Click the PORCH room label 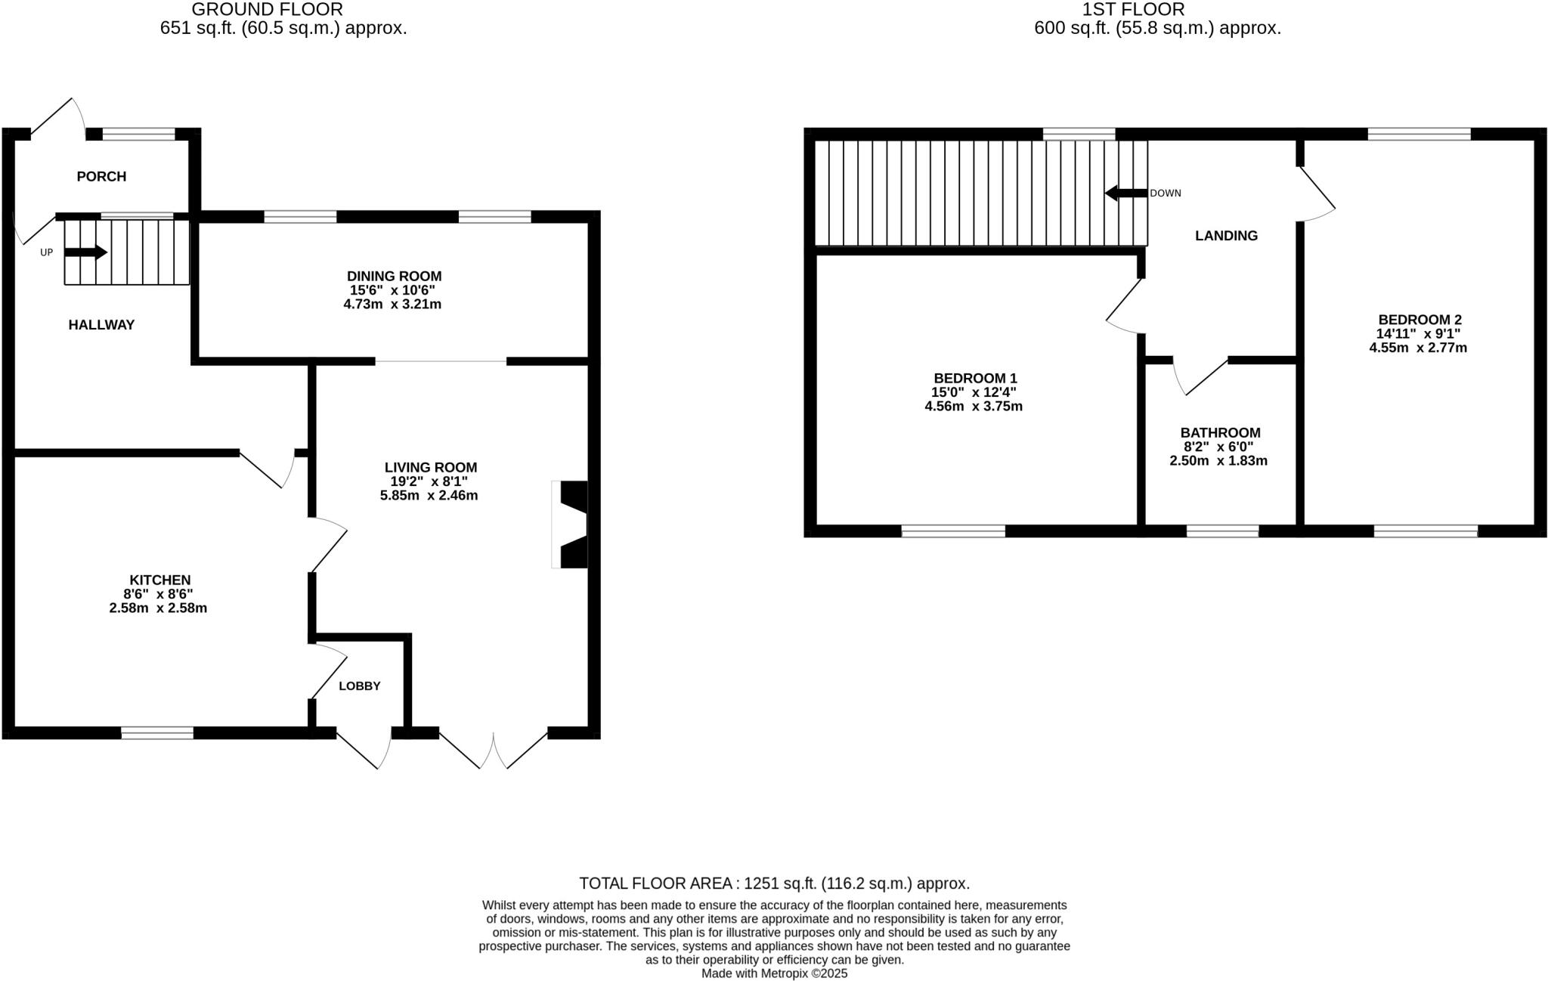tap(101, 177)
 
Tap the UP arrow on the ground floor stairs tap(86, 252)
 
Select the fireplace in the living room tap(571, 525)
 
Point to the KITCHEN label tap(159, 580)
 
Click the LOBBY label tap(359, 686)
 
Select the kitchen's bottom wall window tap(157, 732)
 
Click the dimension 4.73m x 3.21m tap(392, 305)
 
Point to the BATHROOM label tap(1220, 433)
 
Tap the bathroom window tap(1222, 531)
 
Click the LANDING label tap(1226, 236)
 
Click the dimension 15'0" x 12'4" tap(974, 392)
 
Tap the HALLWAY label tap(101, 325)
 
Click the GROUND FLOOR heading tap(267, 10)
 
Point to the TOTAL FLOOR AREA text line tap(774, 884)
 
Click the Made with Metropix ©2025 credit tap(774, 973)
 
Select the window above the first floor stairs tap(1079, 135)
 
